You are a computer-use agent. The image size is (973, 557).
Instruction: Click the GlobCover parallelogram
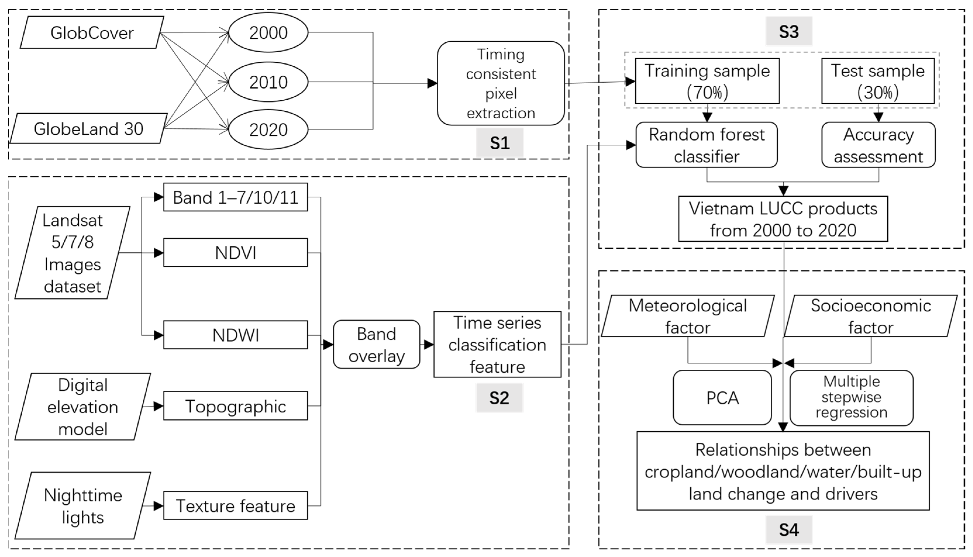pos(92,32)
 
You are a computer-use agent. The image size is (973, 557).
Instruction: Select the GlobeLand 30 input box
pos(88,129)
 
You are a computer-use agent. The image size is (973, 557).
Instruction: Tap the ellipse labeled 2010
pos(268,82)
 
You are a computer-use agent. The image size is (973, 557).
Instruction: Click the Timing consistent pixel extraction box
pos(501,83)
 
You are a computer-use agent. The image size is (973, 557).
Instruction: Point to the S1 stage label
pos(499,143)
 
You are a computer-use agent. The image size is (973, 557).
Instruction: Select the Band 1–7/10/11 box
pos(235,197)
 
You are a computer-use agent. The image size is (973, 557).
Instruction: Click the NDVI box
pos(235,252)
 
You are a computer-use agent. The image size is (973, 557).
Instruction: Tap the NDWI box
pos(235,335)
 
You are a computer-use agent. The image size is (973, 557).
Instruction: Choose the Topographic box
pos(235,406)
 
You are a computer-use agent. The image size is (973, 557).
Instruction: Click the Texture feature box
pos(235,506)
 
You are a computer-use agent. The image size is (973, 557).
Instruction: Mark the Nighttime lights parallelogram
pos(83,506)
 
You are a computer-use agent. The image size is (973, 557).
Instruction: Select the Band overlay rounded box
pos(377,345)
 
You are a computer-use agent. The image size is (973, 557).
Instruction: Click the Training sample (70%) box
pos(707,81)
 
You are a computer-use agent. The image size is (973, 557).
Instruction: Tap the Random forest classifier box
pos(706,145)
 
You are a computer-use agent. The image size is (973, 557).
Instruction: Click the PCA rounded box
pos(722,397)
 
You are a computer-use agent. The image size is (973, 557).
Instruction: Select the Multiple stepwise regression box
pos(851,397)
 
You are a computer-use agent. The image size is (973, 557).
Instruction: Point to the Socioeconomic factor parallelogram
pos(870,316)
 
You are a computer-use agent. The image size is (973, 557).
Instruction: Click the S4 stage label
pos(788,530)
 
